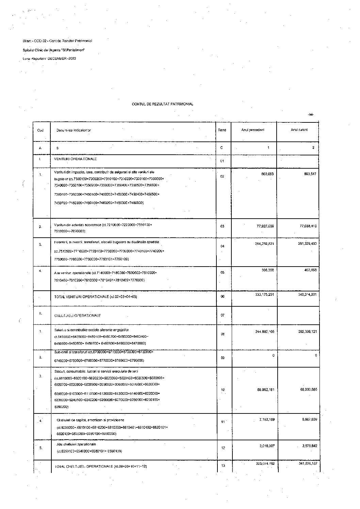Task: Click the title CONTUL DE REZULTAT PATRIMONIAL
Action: [162, 104]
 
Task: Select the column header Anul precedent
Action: [253, 130]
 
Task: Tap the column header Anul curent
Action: [299, 130]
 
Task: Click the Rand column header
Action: [222, 130]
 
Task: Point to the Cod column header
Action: [40, 130]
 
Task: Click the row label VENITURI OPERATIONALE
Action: [76, 159]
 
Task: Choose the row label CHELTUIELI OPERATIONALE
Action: [78, 316]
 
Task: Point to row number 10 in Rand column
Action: [223, 390]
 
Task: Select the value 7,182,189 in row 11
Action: [267, 420]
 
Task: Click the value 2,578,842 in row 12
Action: [309, 445]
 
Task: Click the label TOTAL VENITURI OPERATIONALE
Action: [91, 297]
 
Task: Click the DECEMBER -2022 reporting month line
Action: [49, 58]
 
